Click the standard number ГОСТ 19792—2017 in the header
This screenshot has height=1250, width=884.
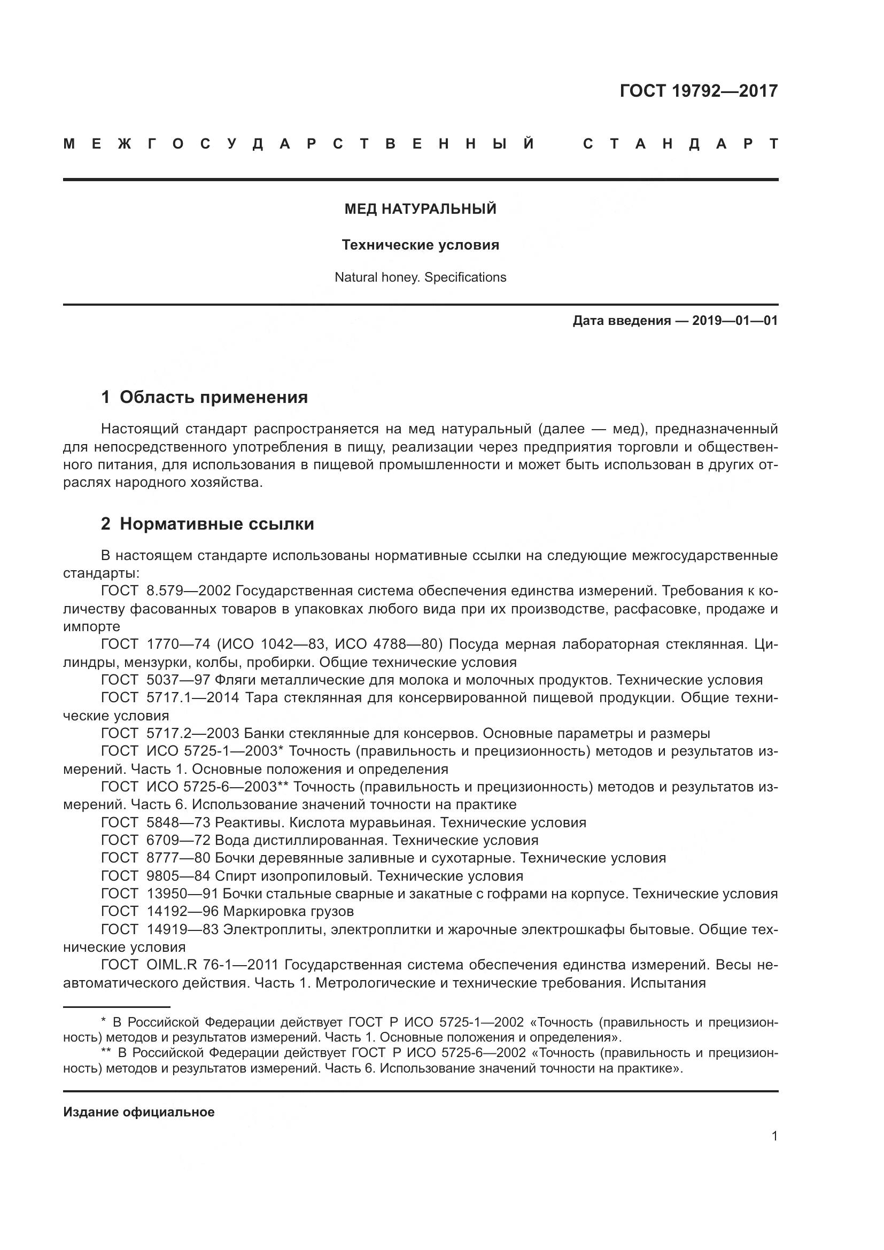(699, 91)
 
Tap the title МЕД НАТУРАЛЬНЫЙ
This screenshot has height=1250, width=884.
(420, 209)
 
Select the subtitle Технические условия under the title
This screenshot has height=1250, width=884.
(420, 245)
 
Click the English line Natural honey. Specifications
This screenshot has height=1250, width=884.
(420, 277)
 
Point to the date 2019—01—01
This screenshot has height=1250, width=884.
(735, 321)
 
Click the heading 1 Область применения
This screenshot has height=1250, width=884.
(205, 397)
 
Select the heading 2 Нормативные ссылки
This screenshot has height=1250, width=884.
(207, 524)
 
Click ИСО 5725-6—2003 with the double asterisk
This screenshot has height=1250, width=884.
(218, 787)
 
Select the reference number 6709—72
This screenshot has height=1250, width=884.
(178, 840)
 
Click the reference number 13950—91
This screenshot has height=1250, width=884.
(182, 894)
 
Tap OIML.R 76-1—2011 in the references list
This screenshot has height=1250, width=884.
(212, 965)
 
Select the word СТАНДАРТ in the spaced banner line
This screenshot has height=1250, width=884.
(680, 144)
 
